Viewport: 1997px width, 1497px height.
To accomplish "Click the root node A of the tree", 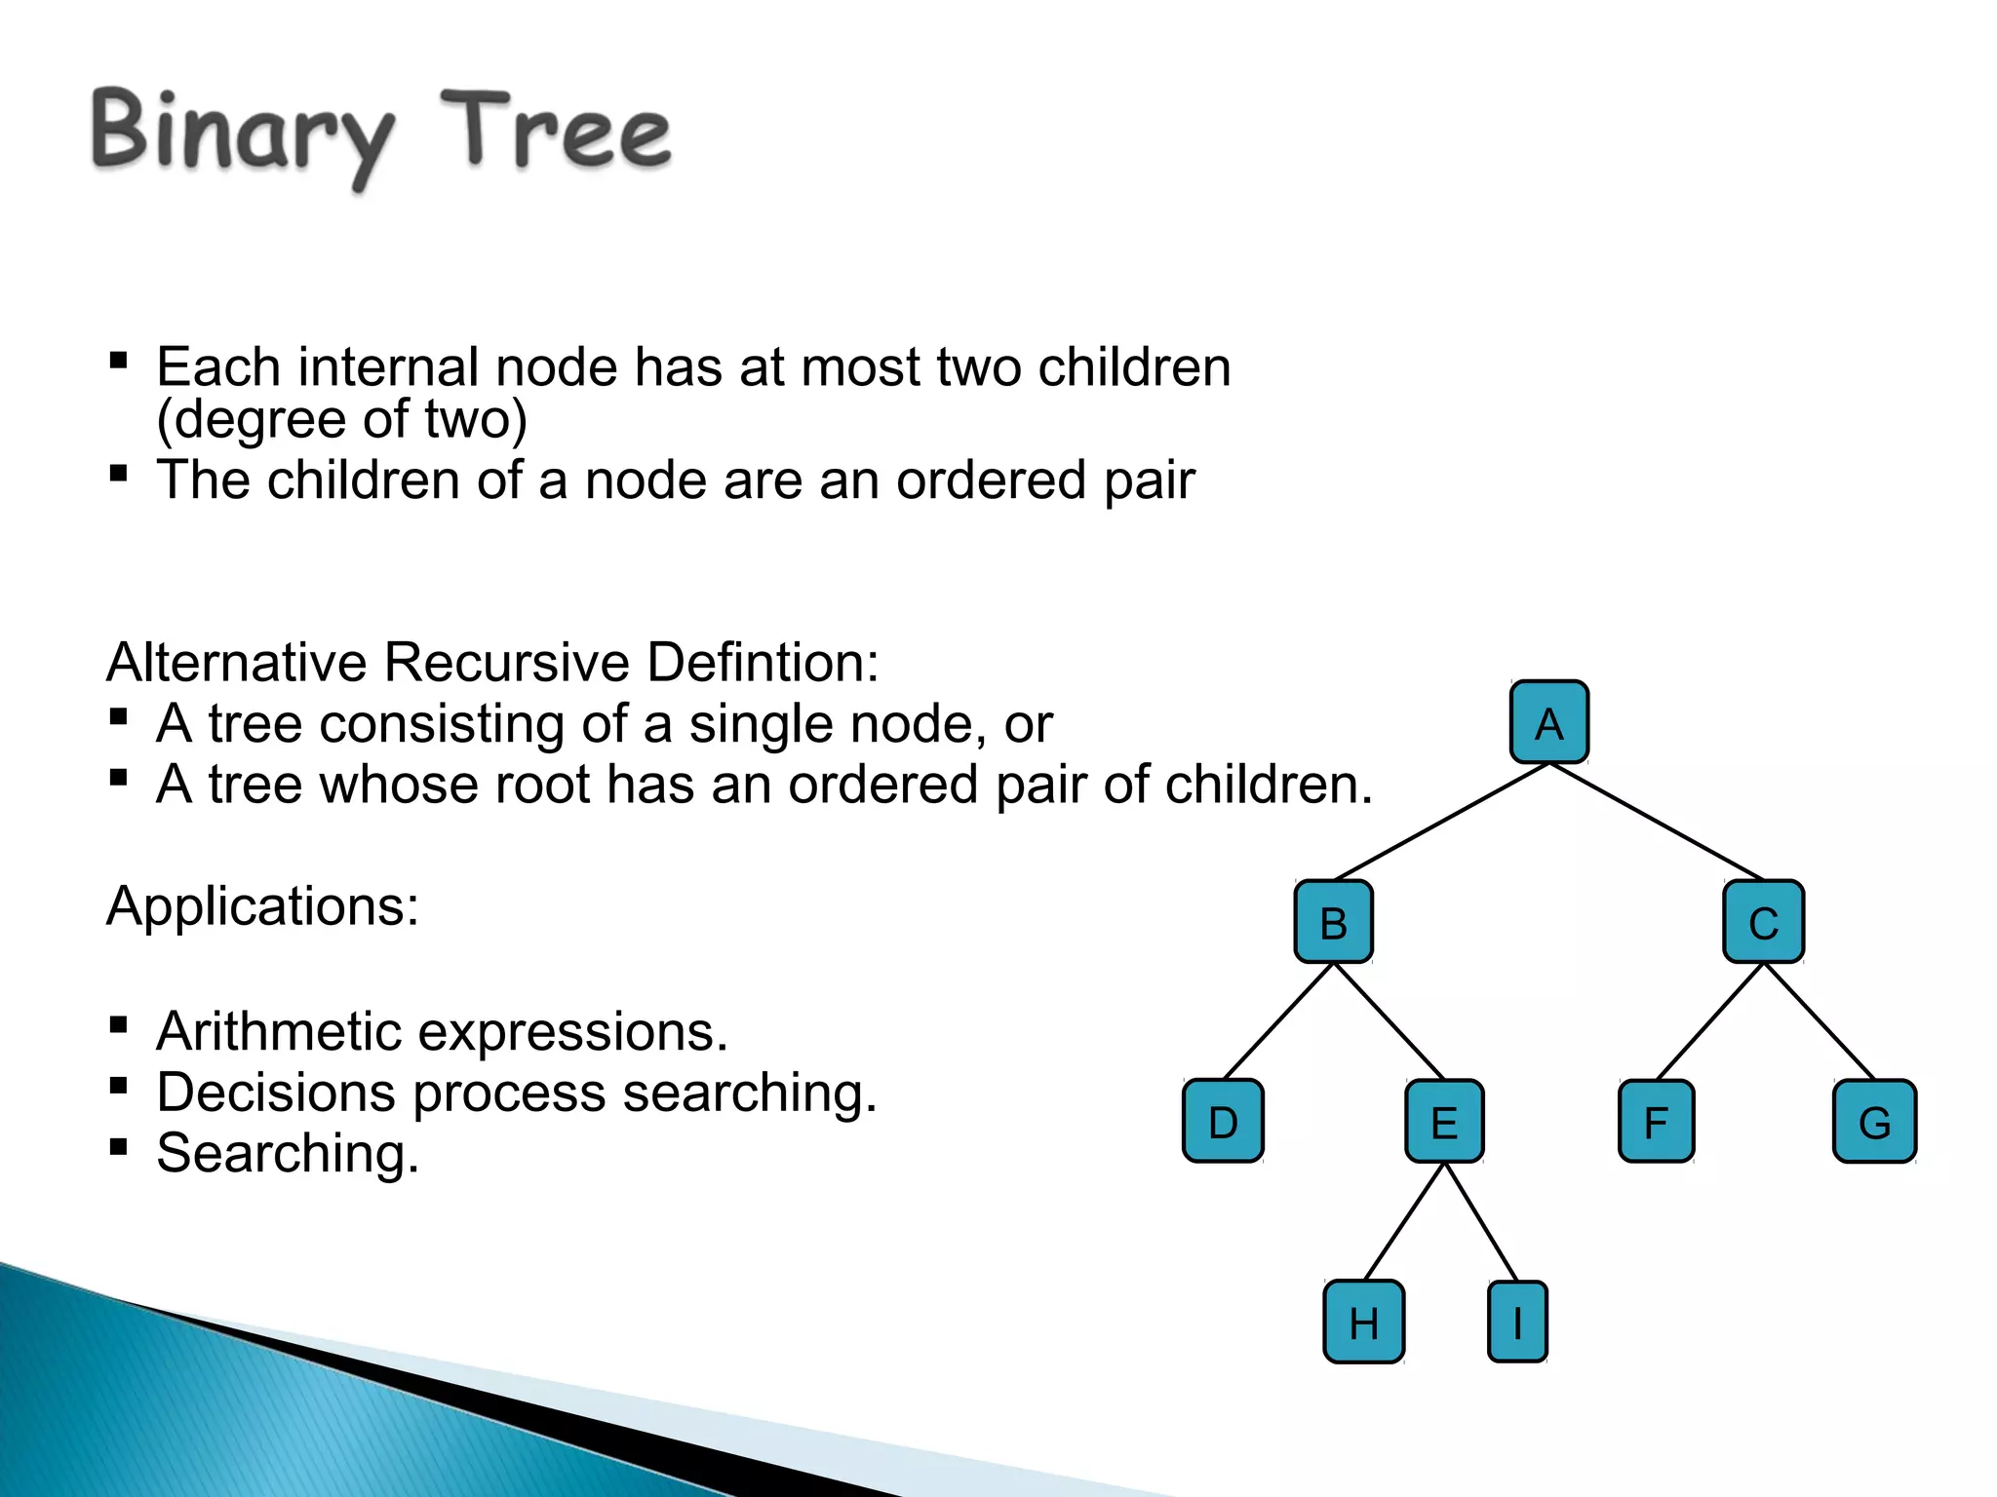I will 1548,722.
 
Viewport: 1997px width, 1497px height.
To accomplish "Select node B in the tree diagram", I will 1333,922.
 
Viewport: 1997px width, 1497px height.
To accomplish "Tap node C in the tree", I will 1763,922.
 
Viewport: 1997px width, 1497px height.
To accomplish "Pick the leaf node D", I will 1223,1121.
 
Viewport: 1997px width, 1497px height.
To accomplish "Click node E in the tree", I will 1444,1121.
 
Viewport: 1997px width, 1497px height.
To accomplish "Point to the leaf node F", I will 1656,1121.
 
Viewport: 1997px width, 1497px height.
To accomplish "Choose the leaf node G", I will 1874,1121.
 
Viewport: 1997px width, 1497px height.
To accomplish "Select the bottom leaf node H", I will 1363,1322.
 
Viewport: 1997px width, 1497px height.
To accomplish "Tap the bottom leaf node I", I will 1517,1322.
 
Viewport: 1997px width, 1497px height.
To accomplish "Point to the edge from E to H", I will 1404,1221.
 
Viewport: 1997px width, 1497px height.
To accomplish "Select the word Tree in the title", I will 556,132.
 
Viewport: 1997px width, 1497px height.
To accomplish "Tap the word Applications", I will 261,906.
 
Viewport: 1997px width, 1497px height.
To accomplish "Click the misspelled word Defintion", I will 763,663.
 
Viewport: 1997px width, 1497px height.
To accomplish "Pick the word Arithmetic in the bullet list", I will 279,1031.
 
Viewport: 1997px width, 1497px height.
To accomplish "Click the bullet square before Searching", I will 119,1146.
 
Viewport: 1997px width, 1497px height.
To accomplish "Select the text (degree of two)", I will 341,419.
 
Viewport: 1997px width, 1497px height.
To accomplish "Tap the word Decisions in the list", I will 275,1093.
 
